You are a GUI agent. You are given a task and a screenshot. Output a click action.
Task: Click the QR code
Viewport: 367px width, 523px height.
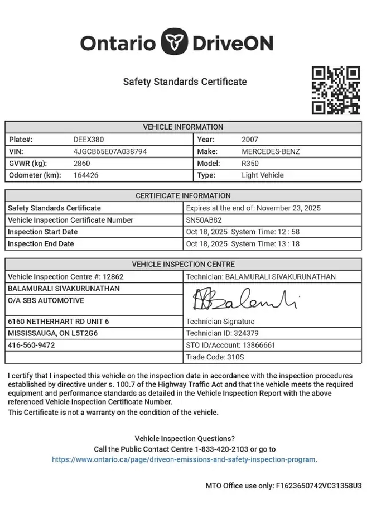pyautogui.click(x=336, y=90)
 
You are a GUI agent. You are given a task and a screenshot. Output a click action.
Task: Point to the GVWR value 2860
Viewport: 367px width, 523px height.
pyautogui.click(x=82, y=163)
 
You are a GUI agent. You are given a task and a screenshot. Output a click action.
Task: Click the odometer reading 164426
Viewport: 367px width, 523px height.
pyautogui.click(x=86, y=175)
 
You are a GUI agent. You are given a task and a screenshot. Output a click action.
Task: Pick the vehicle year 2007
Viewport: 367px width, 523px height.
pyautogui.click(x=250, y=139)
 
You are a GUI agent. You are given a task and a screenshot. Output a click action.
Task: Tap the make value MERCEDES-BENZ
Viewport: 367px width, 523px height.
pyautogui.click(x=271, y=151)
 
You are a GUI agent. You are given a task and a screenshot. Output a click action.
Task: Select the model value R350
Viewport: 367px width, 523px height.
pyautogui.click(x=251, y=163)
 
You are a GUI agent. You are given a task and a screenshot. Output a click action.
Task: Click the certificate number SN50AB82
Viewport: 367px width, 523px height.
pyautogui.click(x=203, y=220)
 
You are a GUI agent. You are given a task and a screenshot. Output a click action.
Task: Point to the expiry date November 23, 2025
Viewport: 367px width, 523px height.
pyautogui.click(x=288, y=208)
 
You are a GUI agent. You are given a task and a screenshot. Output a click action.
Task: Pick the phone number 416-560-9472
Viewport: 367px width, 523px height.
pyautogui.click(x=31, y=345)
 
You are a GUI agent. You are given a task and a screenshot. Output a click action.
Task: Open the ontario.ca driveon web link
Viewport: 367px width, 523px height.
pyautogui.click(x=185, y=459)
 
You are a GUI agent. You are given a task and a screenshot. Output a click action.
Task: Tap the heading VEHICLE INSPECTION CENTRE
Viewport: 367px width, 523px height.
pyautogui.click(x=183, y=264)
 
